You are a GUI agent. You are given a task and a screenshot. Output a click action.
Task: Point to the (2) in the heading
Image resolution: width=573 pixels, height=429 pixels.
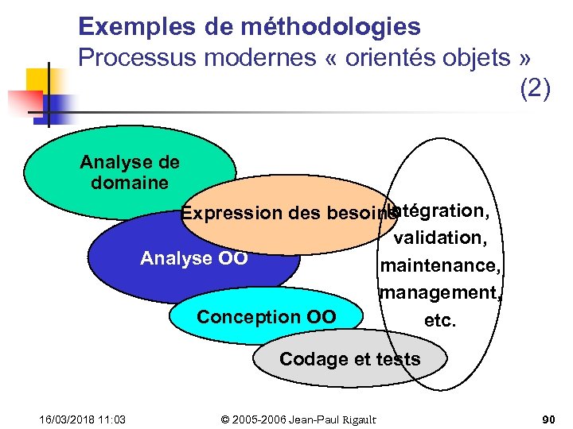click(x=534, y=88)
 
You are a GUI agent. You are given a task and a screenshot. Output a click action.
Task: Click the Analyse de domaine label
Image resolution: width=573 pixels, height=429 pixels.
click(x=130, y=172)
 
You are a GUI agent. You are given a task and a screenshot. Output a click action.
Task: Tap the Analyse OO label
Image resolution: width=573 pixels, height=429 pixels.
click(x=193, y=258)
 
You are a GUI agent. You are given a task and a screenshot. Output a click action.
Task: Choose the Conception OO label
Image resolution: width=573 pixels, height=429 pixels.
click(x=267, y=317)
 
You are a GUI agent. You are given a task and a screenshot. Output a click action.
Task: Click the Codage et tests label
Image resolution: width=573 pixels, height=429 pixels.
click(x=349, y=359)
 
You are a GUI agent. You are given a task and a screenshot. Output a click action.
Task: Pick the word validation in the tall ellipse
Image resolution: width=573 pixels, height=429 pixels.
click(x=439, y=236)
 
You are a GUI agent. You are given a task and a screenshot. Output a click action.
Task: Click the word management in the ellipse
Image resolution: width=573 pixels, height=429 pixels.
click(x=440, y=292)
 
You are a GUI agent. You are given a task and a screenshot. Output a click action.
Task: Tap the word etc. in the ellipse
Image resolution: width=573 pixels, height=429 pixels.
click(x=440, y=320)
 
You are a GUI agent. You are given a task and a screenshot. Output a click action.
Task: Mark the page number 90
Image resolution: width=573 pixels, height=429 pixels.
click(x=548, y=419)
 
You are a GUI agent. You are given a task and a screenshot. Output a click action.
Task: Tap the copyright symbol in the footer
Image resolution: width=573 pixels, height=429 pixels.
click(x=225, y=419)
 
